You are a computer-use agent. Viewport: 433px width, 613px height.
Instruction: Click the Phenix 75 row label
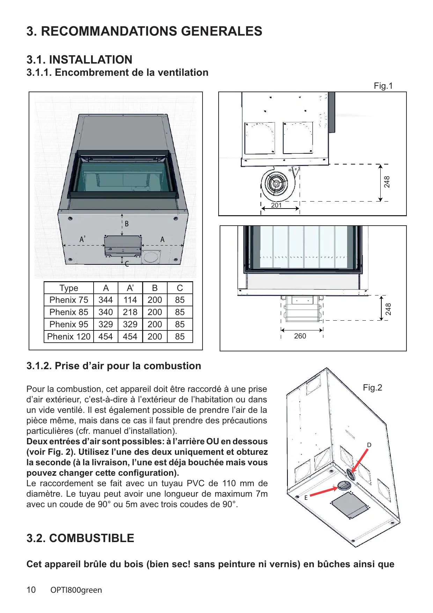click(69, 300)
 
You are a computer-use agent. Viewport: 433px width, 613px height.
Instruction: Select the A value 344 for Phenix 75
click(105, 300)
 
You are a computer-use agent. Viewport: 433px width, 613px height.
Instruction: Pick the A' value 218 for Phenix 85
click(130, 312)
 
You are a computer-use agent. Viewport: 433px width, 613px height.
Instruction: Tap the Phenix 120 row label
click(69, 337)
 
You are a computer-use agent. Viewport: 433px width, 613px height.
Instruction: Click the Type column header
click(69, 288)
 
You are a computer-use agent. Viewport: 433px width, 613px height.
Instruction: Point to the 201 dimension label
click(276, 205)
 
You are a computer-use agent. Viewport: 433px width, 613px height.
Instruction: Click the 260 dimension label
click(300, 336)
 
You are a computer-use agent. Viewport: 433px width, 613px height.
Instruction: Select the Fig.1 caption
click(383, 86)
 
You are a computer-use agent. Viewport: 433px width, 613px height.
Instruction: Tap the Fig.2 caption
click(372, 388)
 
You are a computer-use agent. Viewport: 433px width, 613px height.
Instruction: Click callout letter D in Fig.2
click(369, 445)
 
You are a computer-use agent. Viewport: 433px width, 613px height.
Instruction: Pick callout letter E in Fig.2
click(306, 498)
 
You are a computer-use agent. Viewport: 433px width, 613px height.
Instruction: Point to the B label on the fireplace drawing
click(127, 224)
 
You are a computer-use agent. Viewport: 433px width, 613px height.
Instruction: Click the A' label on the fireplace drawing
click(82, 239)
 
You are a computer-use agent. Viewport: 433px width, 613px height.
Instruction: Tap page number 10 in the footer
click(31, 590)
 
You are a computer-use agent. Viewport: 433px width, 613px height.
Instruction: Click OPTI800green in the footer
click(76, 590)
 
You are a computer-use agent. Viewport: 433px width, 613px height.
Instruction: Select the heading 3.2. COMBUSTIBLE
click(80, 538)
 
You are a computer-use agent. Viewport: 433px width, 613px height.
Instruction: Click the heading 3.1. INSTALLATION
click(79, 60)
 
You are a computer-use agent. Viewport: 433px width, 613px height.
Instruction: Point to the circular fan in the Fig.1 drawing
click(276, 184)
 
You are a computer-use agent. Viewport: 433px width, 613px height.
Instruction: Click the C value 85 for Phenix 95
click(179, 324)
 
